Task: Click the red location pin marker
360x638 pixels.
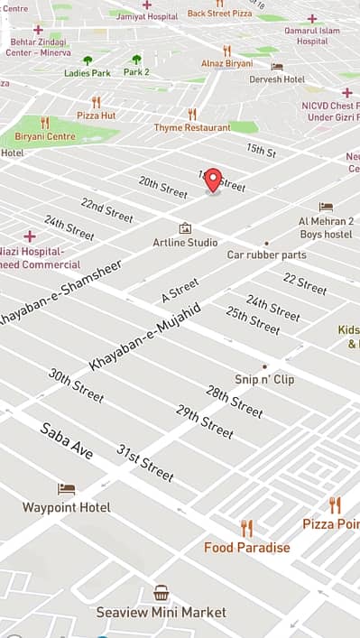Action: tap(213, 180)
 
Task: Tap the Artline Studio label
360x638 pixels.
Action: tap(185, 243)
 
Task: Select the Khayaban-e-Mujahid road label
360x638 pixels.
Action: tap(144, 337)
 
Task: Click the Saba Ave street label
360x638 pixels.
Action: tap(67, 440)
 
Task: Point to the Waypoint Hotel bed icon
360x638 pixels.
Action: tap(67, 489)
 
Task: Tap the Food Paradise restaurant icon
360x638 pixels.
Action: tap(246, 529)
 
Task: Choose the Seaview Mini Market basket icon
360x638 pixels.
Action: tap(162, 593)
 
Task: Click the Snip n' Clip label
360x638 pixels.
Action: tap(264, 380)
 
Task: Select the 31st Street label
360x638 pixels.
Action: tap(144, 463)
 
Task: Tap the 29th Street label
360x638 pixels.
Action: tap(205, 421)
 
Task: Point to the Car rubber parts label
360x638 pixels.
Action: tap(266, 254)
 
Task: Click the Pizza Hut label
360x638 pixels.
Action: tap(96, 116)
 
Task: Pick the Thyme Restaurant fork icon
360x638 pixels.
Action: tap(192, 115)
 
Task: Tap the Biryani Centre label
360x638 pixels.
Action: tap(45, 136)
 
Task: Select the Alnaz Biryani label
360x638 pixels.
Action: tap(227, 65)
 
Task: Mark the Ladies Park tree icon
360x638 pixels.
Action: tap(88, 60)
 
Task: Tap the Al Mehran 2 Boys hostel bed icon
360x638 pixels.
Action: tap(326, 208)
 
